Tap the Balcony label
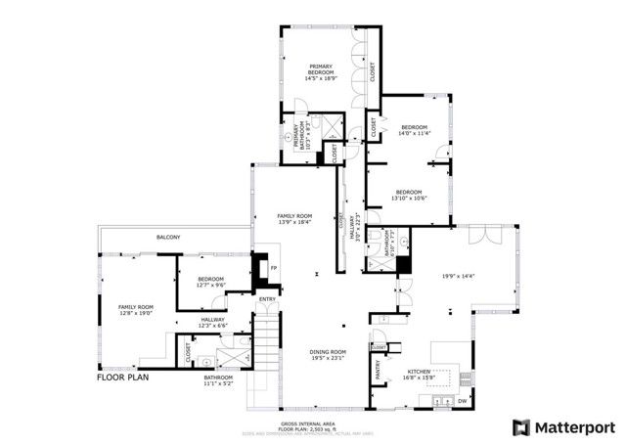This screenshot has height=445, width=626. pos(167,238)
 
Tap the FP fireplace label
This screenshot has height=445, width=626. pos(274,268)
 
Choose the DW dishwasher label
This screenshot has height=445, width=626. pos(463,401)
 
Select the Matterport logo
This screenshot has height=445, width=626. pos(564,427)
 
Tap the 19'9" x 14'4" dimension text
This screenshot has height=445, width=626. pos(458,276)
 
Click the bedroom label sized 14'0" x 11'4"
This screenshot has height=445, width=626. pos(414,131)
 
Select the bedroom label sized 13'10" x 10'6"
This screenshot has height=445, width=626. pos(409,195)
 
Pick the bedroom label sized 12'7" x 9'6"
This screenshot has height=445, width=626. pos(211,283)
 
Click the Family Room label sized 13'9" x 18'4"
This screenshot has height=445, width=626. pos(294,219)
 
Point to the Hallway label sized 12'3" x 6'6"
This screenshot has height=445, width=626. pos(213,322)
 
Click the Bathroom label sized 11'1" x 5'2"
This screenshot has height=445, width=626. pos(218,380)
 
